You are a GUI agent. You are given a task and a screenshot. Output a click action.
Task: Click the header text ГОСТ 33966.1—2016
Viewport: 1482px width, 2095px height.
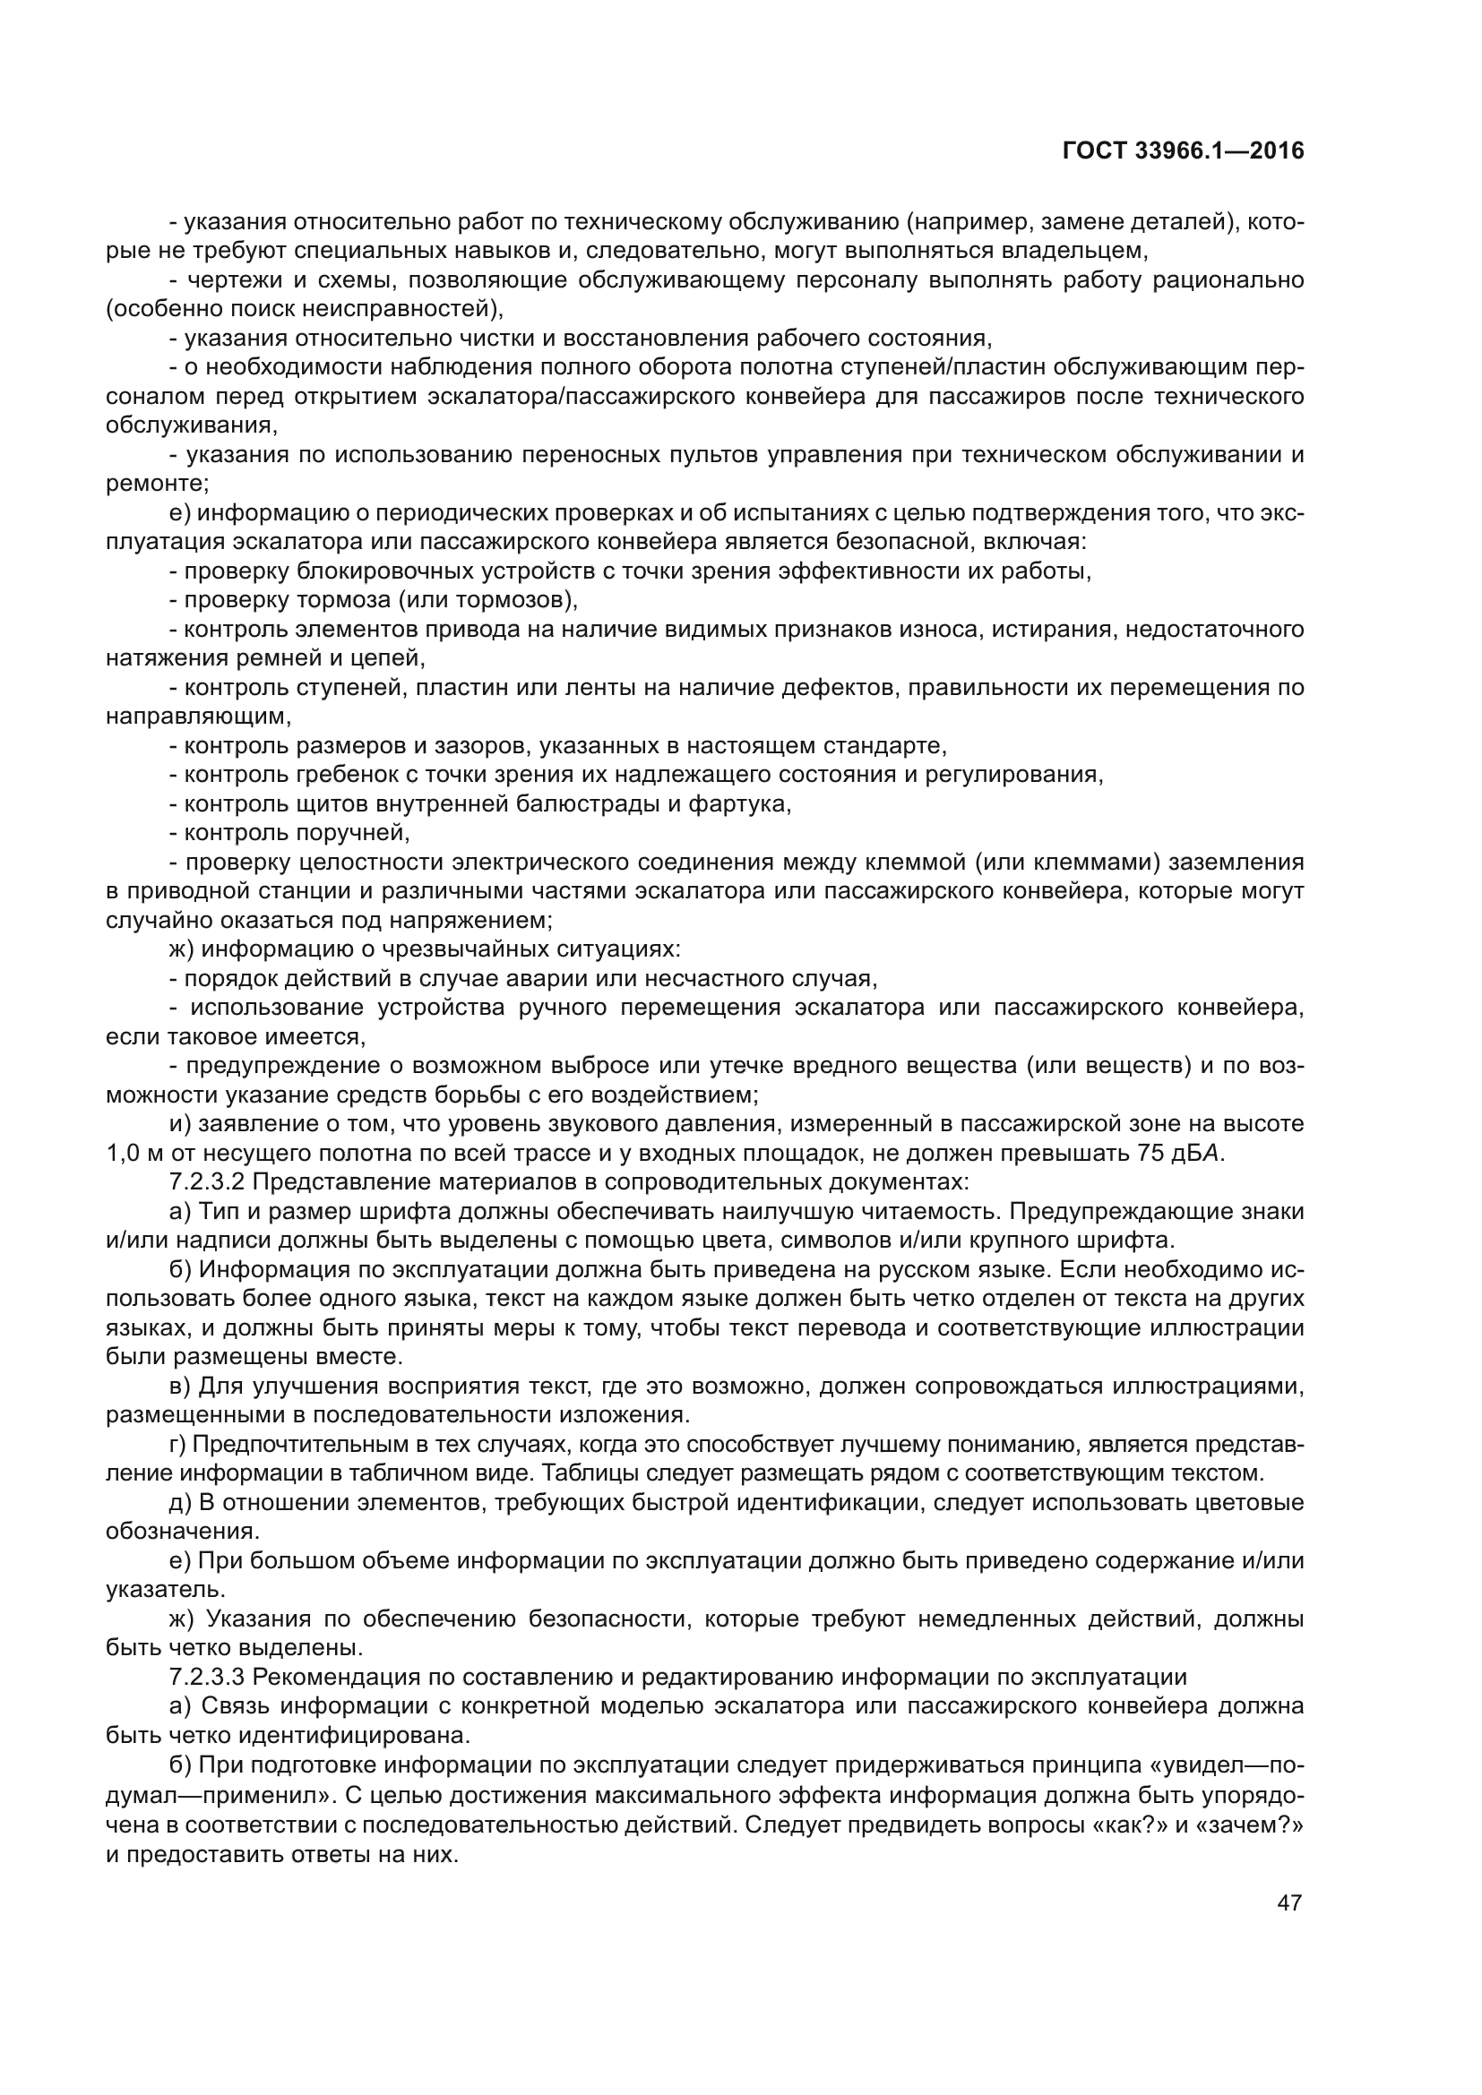pos(1183,151)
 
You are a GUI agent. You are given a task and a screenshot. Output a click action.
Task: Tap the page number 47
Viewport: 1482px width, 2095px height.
pos(1289,1902)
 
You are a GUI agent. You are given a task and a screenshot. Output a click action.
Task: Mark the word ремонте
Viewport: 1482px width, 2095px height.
pos(156,485)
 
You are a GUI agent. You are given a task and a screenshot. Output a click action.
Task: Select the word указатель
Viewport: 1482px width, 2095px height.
pos(164,1591)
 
